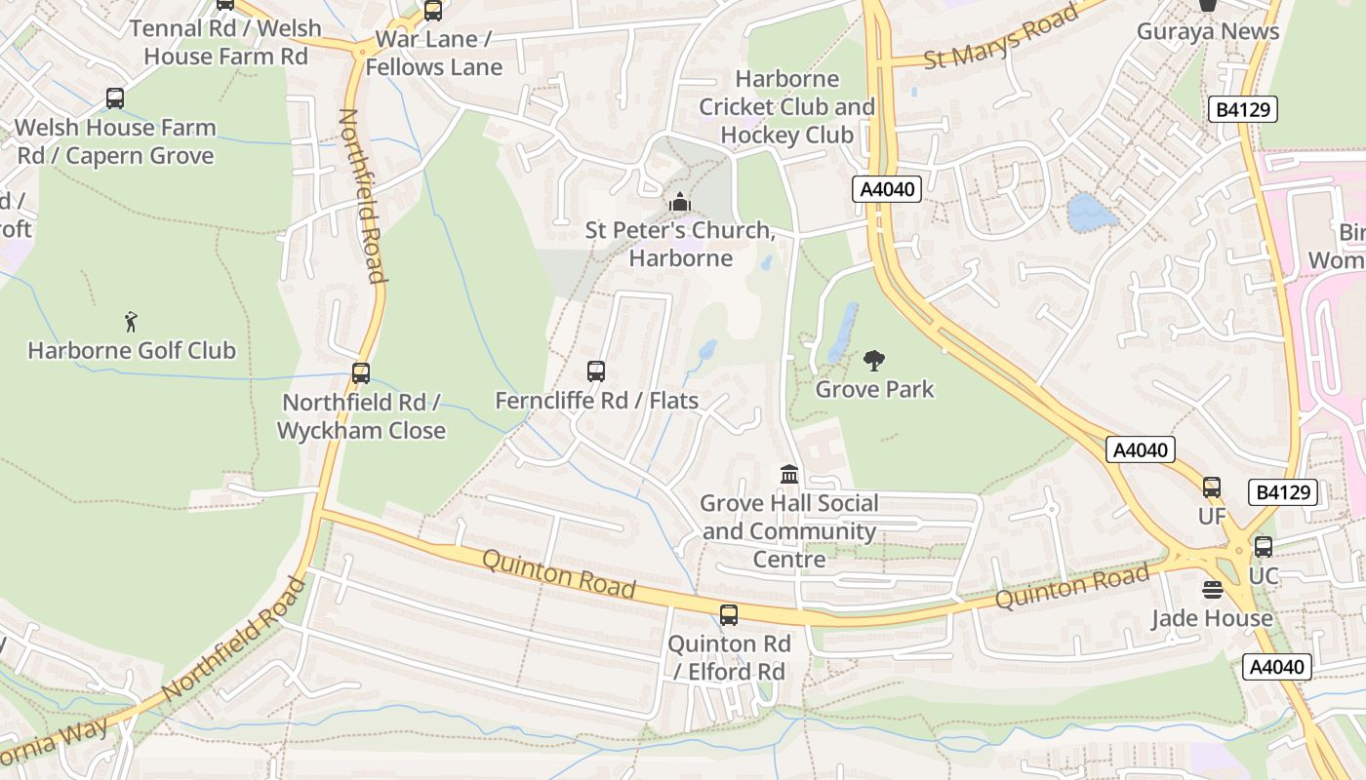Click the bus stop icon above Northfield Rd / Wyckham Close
pyautogui.click(x=361, y=372)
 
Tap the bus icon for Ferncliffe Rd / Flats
pyautogui.click(x=596, y=371)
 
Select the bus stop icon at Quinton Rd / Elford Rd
pyautogui.click(x=729, y=615)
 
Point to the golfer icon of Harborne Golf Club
pyautogui.click(x=132, y=321)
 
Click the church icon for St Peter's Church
pyautogui.click(x=680, y=202)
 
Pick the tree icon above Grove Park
pyautogui.click(x=874, y=361)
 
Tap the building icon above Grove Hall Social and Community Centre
pyautogui.click(x=789, y=475)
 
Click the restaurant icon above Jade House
pyautogui.click(x=1213, y=590)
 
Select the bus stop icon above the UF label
pyautogui.click(x=1212, y=487)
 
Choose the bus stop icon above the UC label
pyautogui.click(x=1264, y=547)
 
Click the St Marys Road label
pyautogui.click(x=1001, y=36)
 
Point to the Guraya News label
pyautogui.click(x=1208, y=31)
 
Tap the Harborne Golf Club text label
pyautogui.click(x=132, y=350)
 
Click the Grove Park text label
pyautogui.click(x=874, y=389)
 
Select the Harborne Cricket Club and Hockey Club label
pyautogui.click(x=787, y=106)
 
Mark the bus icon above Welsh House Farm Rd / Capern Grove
pyautogui.click(x=115, y=98)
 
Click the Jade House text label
pyautogui.click(x=1212, y=618)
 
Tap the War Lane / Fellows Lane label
pyautogui.click(x=433, y=53)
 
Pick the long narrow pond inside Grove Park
pyautogui.click(x=841, y=331)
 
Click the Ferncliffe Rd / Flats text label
pyautogui.click(x=596, y=401)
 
